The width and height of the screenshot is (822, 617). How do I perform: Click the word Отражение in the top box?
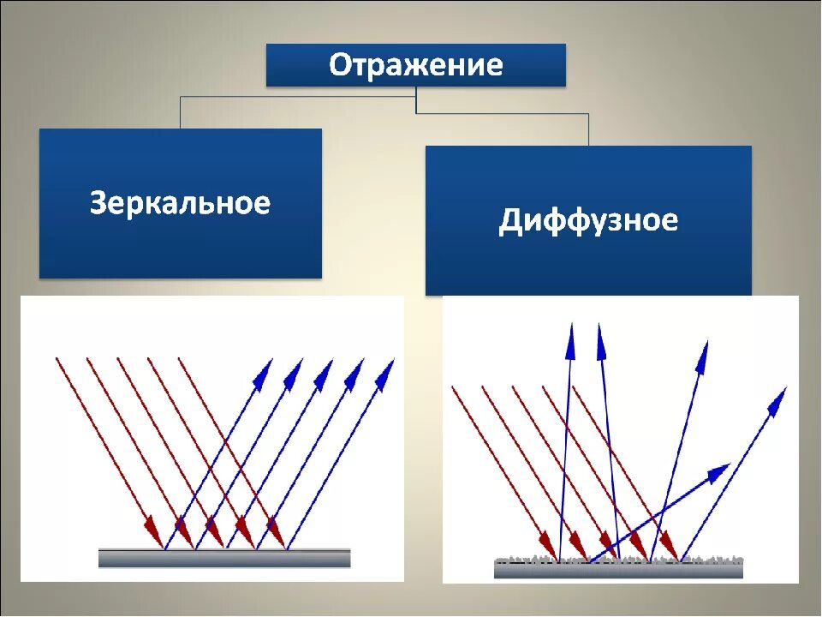point(416,65)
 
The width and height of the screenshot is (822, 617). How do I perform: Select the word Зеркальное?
point(180,203)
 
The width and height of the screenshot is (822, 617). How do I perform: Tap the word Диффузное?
point(588,220)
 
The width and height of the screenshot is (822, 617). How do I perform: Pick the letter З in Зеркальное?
point(98,203)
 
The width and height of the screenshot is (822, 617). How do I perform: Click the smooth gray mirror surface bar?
point(224,558)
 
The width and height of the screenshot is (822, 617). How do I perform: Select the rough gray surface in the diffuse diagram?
point(618,566)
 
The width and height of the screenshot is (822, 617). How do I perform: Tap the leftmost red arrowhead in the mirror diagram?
point(154,526)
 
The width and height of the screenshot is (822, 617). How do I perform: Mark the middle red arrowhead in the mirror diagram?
point(214,524)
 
